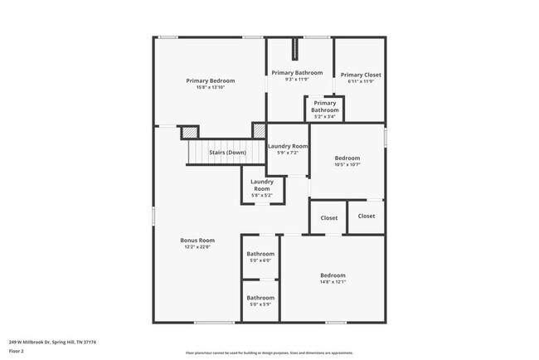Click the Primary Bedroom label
tap(210, 80)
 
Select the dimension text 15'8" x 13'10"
tap(210, 87)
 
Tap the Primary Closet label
tap(361, 75)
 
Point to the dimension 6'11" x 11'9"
tap(361, 81)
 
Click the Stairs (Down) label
tap(226, 153)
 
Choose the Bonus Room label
tap(197, 241)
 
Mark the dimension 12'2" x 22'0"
tap(197, 247)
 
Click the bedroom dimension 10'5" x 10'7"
tap(347, 164)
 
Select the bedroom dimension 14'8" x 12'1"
tap(333, 281)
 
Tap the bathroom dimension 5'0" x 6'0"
tap(260, 260)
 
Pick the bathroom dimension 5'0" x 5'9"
tap(260, 304)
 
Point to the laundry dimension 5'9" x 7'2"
tap(288, 153)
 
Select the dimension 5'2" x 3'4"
tap(324, 117)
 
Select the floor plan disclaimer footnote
tap(269, 353)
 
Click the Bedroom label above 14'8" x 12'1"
tap(333, 275)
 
